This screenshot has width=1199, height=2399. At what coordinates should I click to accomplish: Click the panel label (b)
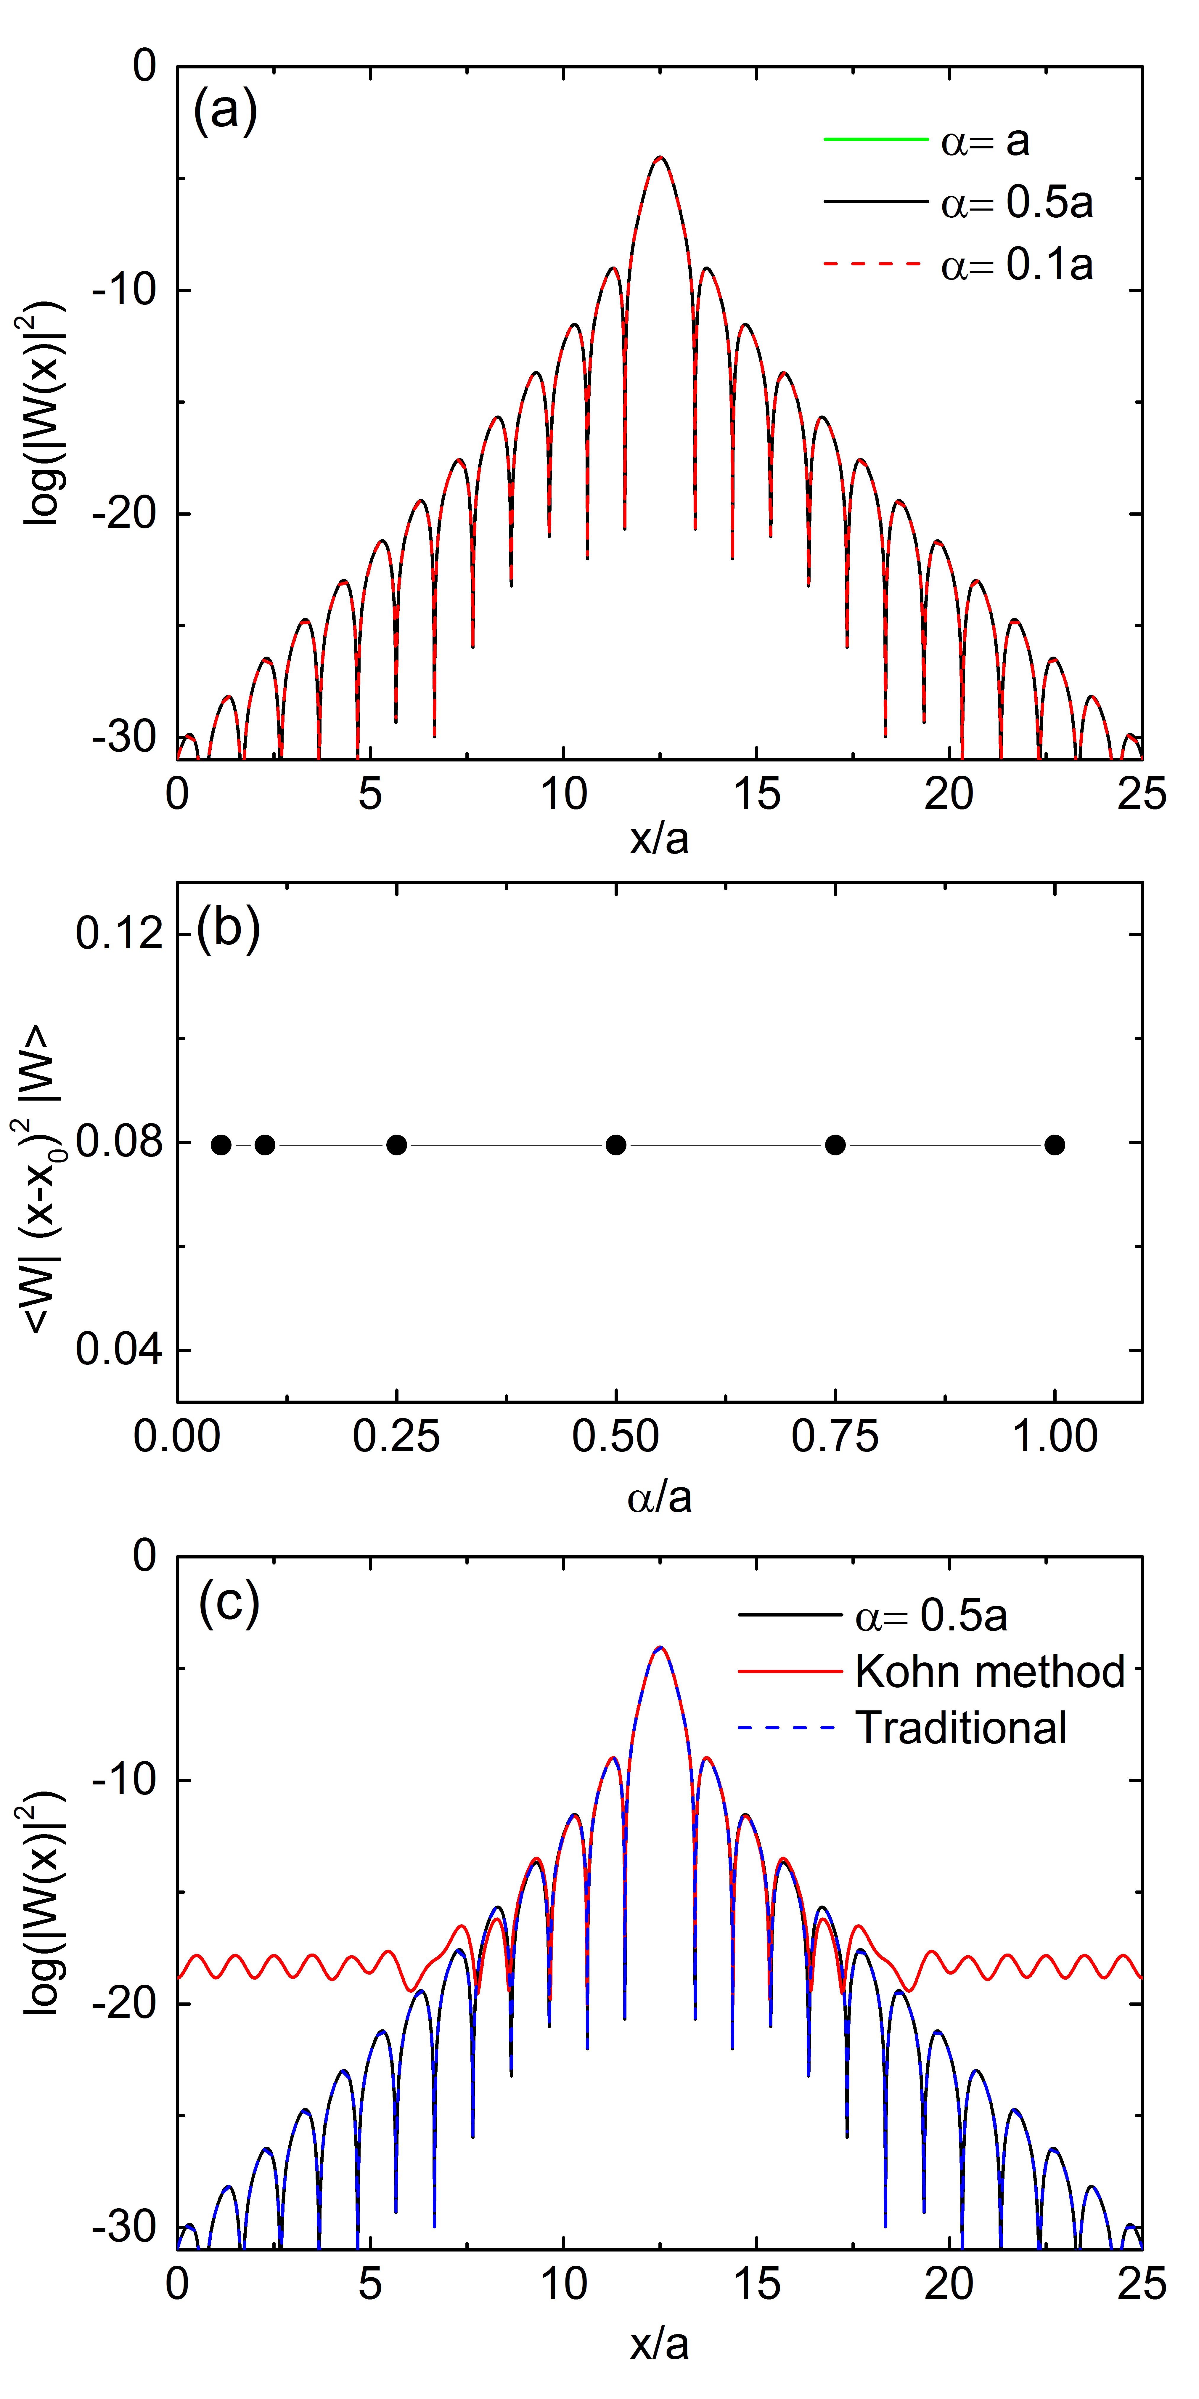click(x=228, y=929)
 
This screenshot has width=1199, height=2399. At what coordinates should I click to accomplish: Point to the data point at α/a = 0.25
click(x=397, y=1144)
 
